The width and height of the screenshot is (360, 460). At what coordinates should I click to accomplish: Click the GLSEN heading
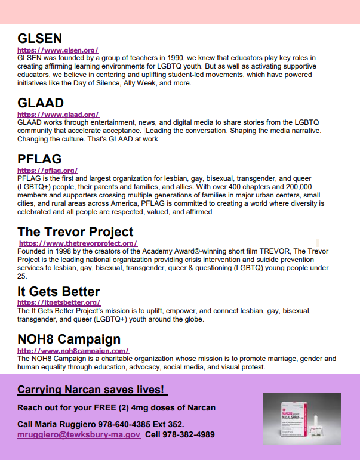coord(40,39)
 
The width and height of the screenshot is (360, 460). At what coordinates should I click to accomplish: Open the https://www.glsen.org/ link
coord(58,51)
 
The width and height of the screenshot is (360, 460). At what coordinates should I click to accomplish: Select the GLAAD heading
coord(41,103)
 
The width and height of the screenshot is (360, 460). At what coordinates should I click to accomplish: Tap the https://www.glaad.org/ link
coord(58,115)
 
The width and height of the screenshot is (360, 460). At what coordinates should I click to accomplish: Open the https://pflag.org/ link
coord(48,171)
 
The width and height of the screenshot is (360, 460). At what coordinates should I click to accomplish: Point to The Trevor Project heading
coord(75,231)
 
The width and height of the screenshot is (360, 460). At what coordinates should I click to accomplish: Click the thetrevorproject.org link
coord(78,243)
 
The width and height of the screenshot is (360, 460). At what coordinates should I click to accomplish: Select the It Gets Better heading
coord(59,291)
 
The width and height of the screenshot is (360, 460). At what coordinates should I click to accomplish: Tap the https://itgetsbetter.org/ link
coord(59,303)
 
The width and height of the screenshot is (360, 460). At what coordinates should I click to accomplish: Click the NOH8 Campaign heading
coord(69,339)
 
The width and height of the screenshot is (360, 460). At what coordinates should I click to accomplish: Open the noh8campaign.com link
coord(73,351)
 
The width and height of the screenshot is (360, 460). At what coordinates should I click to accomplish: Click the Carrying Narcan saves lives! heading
coord(91,390)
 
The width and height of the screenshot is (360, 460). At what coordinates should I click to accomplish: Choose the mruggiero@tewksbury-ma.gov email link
coord(79,435)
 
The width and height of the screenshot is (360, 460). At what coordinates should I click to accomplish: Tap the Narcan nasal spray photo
coord(303,419)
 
